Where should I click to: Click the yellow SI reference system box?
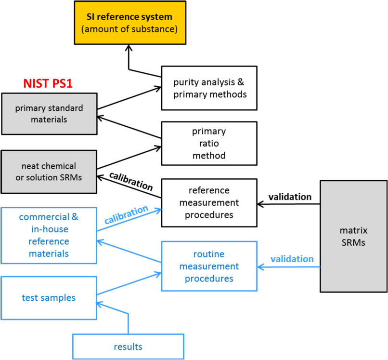129,23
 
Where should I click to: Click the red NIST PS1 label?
48,84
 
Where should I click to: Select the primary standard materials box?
49,114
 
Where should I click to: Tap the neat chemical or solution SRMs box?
49,172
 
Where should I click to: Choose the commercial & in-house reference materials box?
49,235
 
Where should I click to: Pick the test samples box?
49,298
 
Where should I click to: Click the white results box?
128,347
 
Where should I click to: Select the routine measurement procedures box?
209,266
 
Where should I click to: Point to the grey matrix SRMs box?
353,236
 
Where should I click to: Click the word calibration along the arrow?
126,214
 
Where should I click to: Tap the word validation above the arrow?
292,259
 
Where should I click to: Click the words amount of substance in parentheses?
129,29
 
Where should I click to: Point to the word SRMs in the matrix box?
353,242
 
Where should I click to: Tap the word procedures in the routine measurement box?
209,279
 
